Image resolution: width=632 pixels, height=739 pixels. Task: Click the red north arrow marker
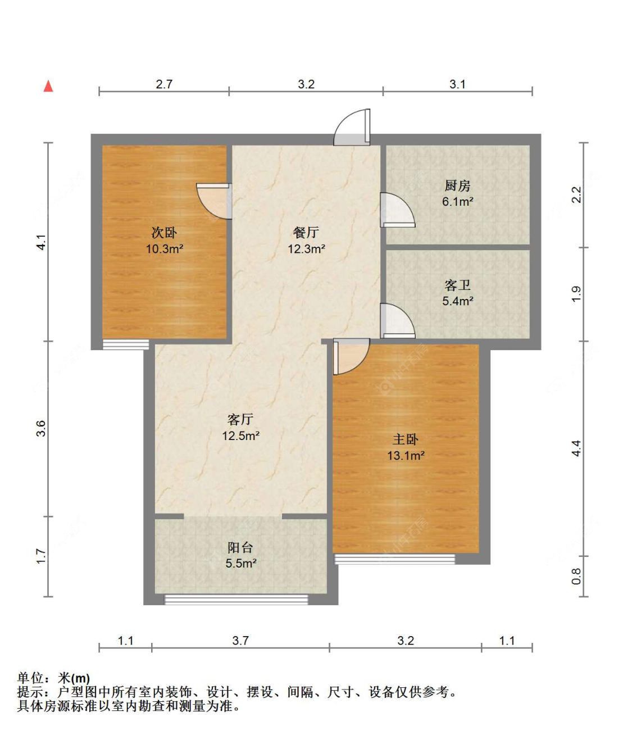tap(48, 86)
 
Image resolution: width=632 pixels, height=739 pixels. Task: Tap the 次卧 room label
tap(164, 233)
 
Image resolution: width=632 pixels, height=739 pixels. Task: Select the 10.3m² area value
tap(165, 248)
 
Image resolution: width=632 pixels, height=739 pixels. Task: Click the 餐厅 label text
tap(306, 233)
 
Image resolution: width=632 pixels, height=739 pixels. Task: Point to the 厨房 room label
tap(457, 185)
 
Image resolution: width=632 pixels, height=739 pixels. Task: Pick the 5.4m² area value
tap(457, 301)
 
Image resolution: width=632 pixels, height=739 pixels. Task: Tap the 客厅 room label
tap(240, 420)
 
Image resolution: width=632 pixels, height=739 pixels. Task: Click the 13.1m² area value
tap(406, 456)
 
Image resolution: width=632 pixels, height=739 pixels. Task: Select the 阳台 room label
tap(240, 547)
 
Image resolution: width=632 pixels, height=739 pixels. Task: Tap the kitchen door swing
tap(397, 210)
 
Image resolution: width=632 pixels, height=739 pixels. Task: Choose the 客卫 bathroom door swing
tap(397, 321)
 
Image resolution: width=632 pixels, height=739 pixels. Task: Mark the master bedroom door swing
tap(351, 356)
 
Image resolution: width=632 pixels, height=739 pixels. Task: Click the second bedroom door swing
tap(214, 201)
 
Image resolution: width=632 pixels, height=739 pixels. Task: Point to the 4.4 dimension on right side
tap(576, 448)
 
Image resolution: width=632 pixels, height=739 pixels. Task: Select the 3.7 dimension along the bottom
tap(240, 641)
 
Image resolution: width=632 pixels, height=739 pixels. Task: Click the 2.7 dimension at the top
tap(164, 84)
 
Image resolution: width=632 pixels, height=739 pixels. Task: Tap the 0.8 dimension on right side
tap(576, 576)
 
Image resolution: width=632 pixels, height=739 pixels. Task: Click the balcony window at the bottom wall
tap(237, 599)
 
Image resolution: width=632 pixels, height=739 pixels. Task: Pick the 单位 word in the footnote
tap(31, 678)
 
